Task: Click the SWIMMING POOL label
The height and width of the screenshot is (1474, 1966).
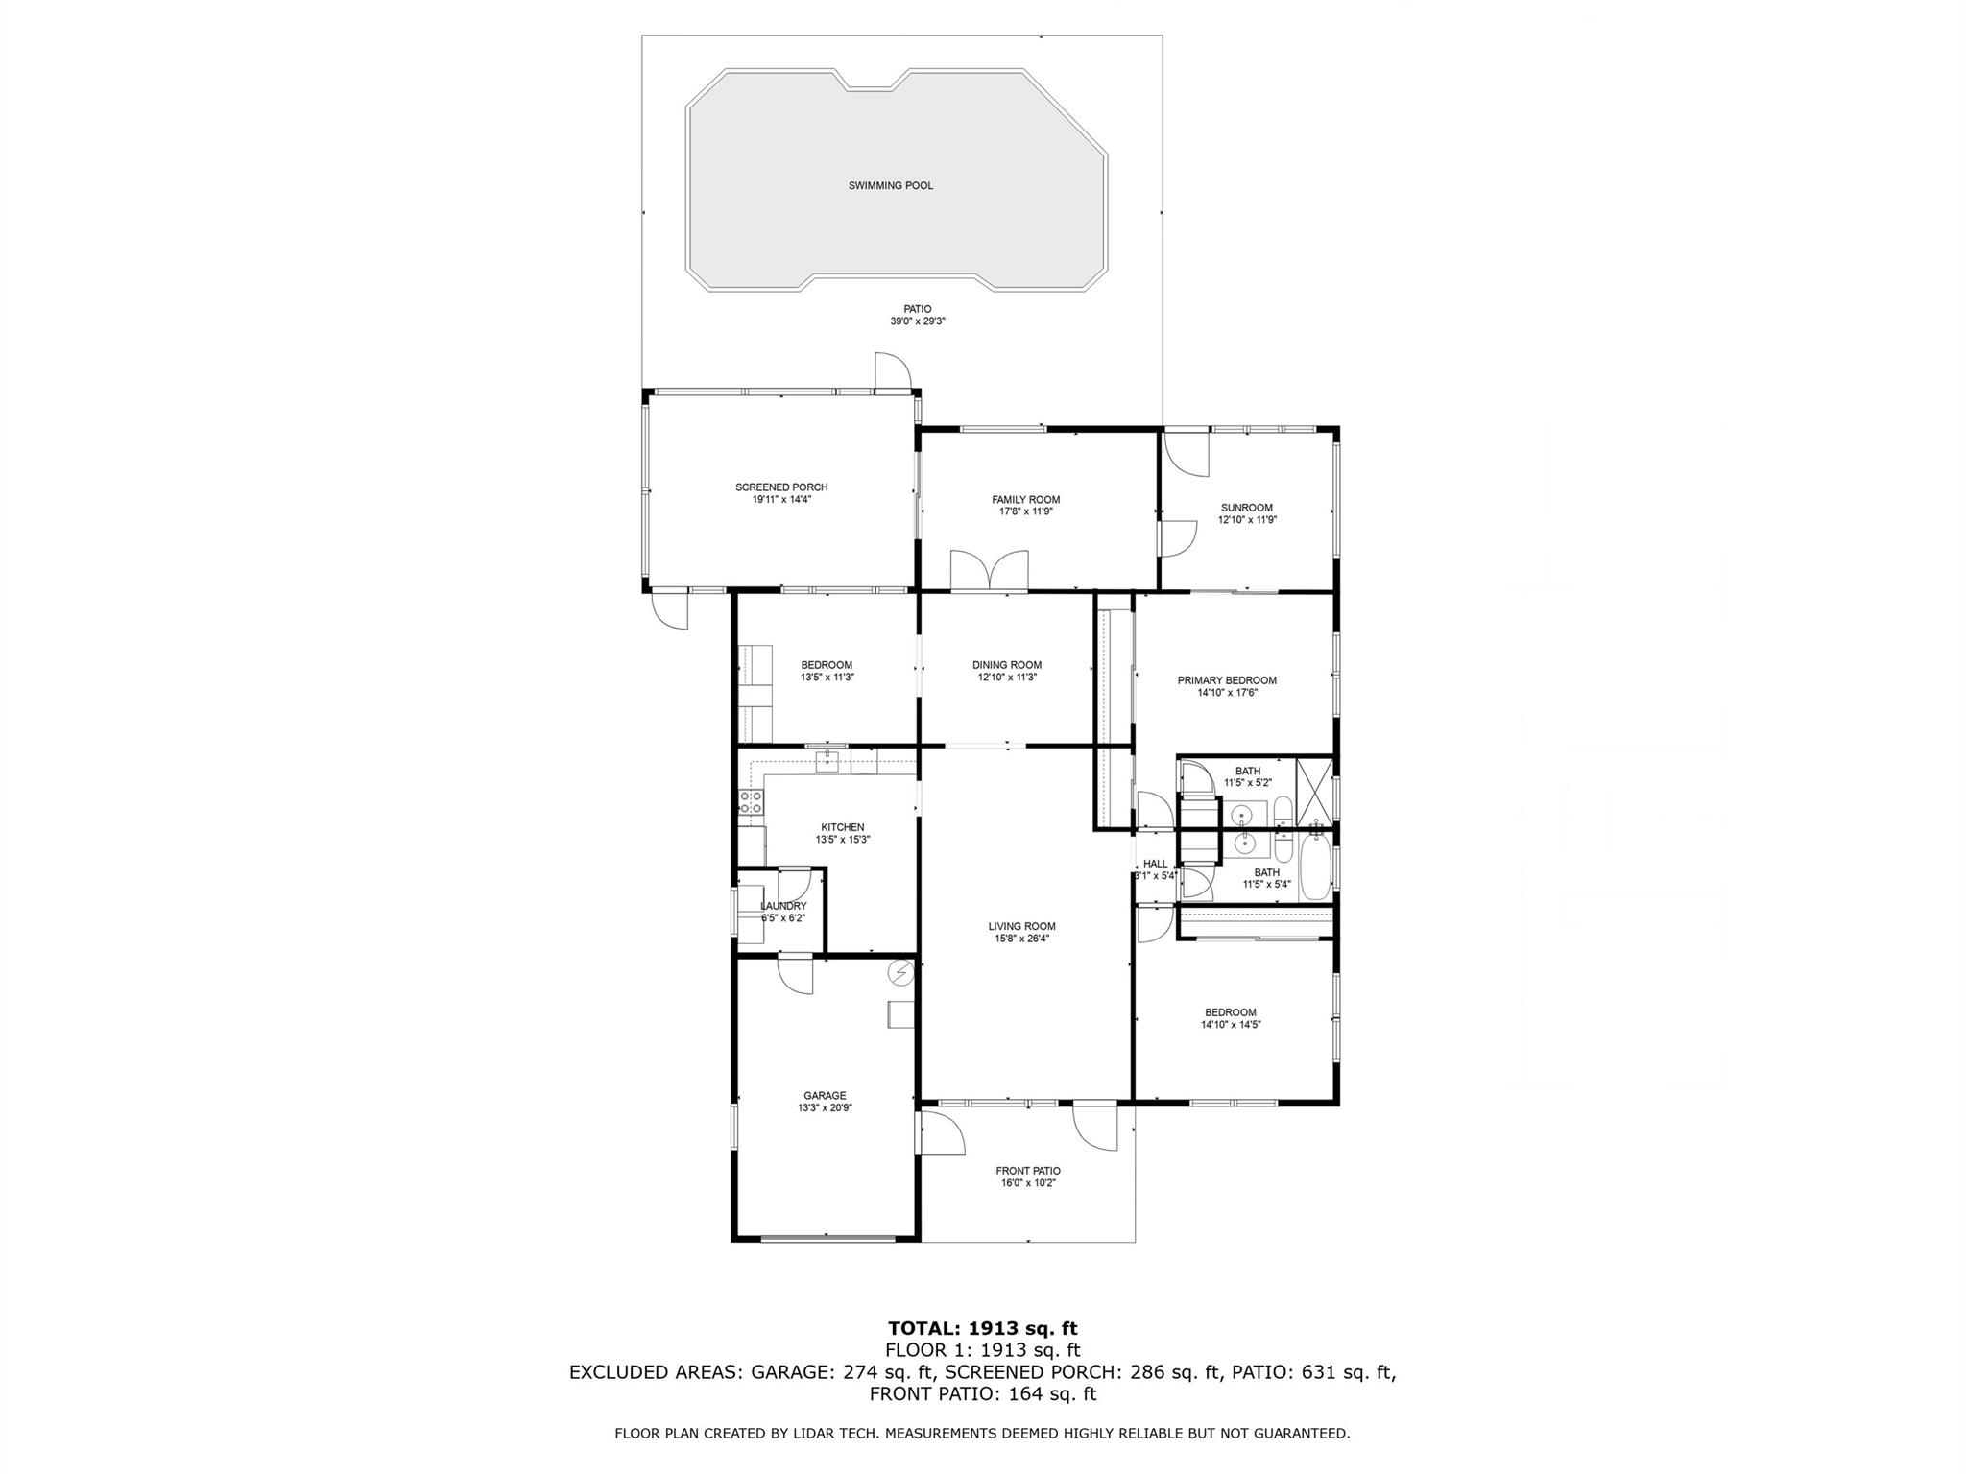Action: point(890,186)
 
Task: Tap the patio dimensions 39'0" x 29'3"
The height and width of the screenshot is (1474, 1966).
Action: point(917,322)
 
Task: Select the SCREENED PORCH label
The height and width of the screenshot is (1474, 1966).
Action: point(781,487)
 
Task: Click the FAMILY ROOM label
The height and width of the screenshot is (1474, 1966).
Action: point(1025,500)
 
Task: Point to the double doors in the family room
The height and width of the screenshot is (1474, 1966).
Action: point(989,570)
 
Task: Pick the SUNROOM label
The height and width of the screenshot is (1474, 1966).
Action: point(1246,508)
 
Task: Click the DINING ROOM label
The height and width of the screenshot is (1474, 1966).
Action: point(1006,665)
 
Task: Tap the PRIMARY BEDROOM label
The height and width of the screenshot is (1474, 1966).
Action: point(1226,680)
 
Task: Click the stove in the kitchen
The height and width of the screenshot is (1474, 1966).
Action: point(751,802)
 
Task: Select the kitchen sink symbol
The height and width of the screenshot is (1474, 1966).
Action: point(827,762)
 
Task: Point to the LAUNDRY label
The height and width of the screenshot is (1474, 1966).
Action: point(783,906)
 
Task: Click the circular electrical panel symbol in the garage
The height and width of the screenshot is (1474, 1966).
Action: point(901,973)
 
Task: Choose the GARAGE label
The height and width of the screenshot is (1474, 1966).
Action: point(825,1095)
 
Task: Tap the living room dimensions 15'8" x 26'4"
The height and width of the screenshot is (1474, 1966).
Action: point(1021,939)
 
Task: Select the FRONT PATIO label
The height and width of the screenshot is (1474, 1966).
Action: point(1027,1171)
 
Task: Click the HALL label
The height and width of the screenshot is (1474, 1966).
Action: point(1155,864)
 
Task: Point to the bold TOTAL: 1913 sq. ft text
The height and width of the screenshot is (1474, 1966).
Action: point(982,1329)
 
